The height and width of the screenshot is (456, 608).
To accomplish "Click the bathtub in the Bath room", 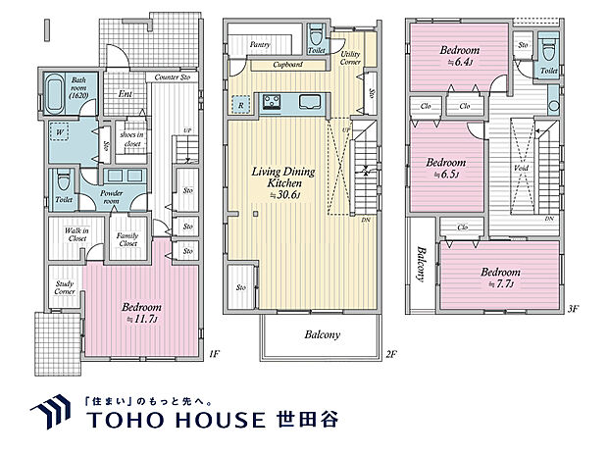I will [57, 98].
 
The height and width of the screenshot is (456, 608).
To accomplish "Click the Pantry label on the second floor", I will [260, 45].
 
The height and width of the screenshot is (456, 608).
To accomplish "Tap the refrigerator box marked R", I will [241, 102].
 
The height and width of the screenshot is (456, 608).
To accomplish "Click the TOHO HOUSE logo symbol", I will [48, 415].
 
